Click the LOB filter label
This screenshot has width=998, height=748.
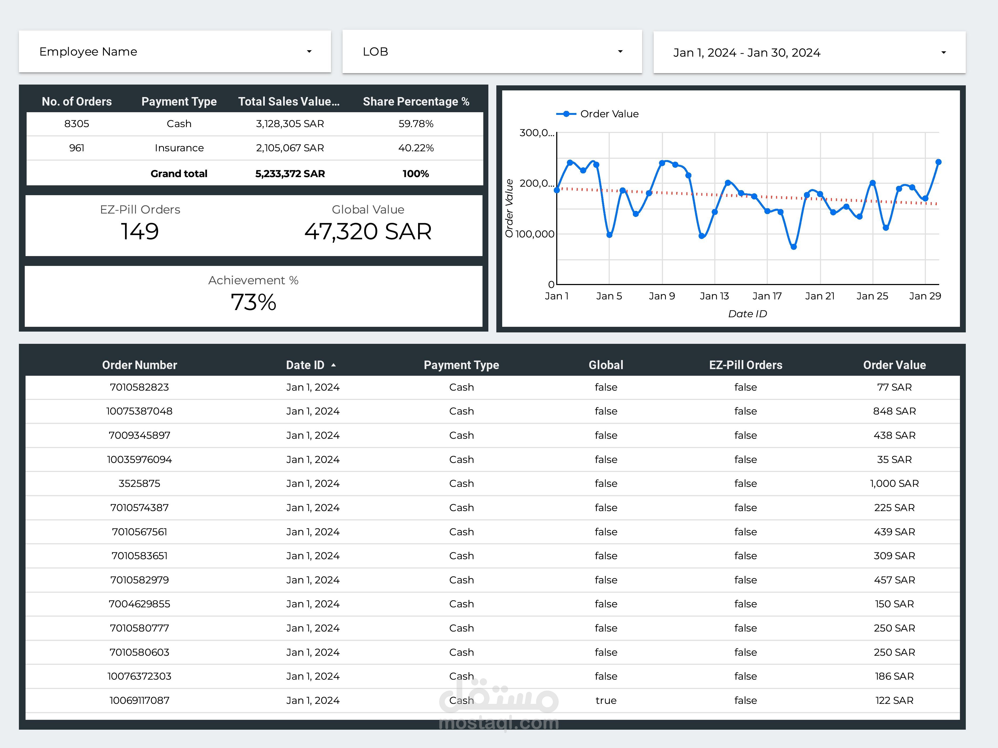tap(375, 52)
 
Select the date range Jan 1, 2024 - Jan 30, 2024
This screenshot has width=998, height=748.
tap(747, 53)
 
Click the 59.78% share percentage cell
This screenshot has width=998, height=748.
tap(415, 124)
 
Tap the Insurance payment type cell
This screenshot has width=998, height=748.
tap(179, 148)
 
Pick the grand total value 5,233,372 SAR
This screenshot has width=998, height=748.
tap(290, 174)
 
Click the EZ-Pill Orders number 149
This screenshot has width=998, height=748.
tap(140, 231)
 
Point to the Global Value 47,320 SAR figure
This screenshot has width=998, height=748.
tap(368, 231)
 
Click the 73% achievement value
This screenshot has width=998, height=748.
tap(253, 302)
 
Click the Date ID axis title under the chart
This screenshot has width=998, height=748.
tap(747, 314)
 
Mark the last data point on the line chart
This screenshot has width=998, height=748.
tap(938, 162)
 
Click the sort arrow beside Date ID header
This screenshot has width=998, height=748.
tap(333, 365)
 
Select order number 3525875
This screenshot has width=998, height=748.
tap(139, 483)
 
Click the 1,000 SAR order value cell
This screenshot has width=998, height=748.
tap(894, 483)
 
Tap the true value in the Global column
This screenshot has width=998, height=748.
tap(606, 700)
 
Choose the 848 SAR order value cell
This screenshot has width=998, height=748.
tap(894, 411)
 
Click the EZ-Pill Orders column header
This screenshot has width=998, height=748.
tap(745, 365)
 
